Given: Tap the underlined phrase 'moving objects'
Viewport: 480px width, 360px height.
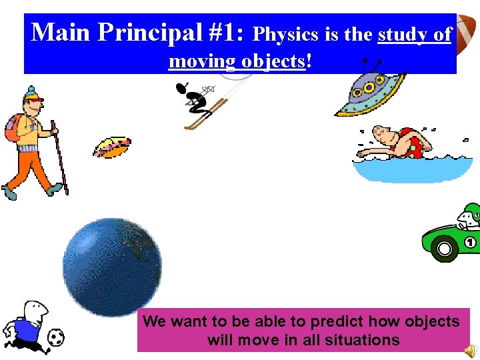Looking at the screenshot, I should pyautogui.click(x=237, y=61).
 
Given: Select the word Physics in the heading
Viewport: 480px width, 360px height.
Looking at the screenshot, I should pyautogui.click(x=286, y=34).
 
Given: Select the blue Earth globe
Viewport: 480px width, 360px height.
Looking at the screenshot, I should pyautogui.click(x=112, y=267).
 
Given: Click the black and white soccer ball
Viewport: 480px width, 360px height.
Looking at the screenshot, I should pyautogui.click(x=57, y=337).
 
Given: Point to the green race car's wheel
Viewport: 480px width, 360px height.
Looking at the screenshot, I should pyautogui.click(x=443, y=250).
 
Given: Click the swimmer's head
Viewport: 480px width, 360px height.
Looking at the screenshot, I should pyautogui.click(x=383, y=137).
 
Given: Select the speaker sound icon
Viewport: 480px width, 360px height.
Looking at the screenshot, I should pyautogui.click(x=470, y=351).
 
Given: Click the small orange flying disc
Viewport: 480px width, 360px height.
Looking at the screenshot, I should pyautogui.click(x=111, y=147).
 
